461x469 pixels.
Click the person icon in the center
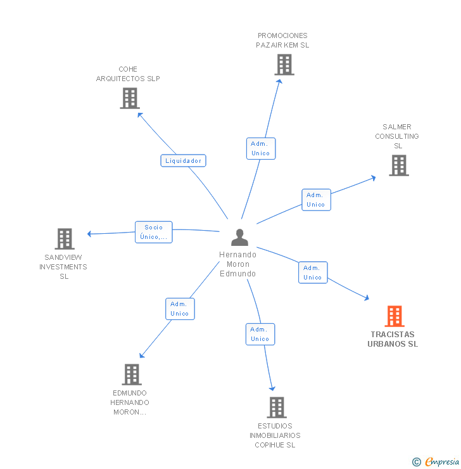(239, 237)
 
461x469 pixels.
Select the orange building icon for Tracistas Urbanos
(394, 316)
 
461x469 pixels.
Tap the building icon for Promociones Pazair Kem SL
(284, 65)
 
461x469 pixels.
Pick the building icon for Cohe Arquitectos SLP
(130, 98)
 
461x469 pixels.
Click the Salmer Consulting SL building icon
(398, 165)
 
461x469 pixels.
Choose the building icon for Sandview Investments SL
(65, 239)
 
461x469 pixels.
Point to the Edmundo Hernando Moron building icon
(131, 375)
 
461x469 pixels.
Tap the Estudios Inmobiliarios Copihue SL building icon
(276, 408)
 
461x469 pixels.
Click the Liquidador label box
(183, 160)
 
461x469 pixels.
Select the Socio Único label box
(153, 232)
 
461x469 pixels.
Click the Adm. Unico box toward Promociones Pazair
(260, 148)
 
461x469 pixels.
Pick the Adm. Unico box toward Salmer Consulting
(315, 200)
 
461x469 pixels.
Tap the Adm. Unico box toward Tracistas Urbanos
(312, 273)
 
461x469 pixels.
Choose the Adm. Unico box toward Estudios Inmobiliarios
(260, 334)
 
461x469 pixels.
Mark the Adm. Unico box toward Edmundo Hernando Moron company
(179, 309)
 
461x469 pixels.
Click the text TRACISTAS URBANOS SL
(393, 339)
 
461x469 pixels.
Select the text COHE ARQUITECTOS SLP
(128, 74)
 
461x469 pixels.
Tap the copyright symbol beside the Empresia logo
(416, 462)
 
